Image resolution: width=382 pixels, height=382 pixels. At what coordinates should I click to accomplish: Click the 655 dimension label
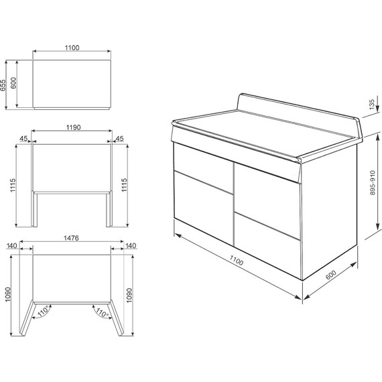coord(3,85)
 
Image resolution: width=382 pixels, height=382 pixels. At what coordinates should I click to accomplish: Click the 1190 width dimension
coord(73,127)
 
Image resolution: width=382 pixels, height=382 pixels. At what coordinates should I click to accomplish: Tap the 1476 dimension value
coord(72,238)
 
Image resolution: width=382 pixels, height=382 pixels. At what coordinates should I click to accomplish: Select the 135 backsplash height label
coord(371,105)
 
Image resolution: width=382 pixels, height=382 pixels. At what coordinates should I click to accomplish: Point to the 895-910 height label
coord(373,183)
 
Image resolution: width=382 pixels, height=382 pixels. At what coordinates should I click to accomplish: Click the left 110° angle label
coord(44,311)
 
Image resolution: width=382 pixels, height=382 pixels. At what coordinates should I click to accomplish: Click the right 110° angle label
coord(102,312)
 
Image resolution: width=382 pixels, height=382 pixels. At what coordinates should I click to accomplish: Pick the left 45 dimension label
coord(23,139)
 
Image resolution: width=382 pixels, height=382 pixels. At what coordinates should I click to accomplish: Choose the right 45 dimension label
coord(119,139)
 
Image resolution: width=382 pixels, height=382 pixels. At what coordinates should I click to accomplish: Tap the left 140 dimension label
coord(11,245)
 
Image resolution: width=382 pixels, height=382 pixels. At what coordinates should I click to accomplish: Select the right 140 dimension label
coord(131,245)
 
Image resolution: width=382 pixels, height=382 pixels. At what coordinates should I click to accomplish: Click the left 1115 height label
coord(13,186)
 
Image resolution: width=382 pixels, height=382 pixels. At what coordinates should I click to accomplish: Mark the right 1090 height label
coord(129,296)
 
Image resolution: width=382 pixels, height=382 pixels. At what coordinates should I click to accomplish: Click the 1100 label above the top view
coord(72,48)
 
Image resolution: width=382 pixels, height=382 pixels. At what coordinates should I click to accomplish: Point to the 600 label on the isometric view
coord(331,275)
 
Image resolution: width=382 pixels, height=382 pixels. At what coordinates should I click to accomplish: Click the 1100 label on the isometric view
coord(237,260)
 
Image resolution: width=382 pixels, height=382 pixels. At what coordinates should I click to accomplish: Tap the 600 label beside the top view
coord(13,83)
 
